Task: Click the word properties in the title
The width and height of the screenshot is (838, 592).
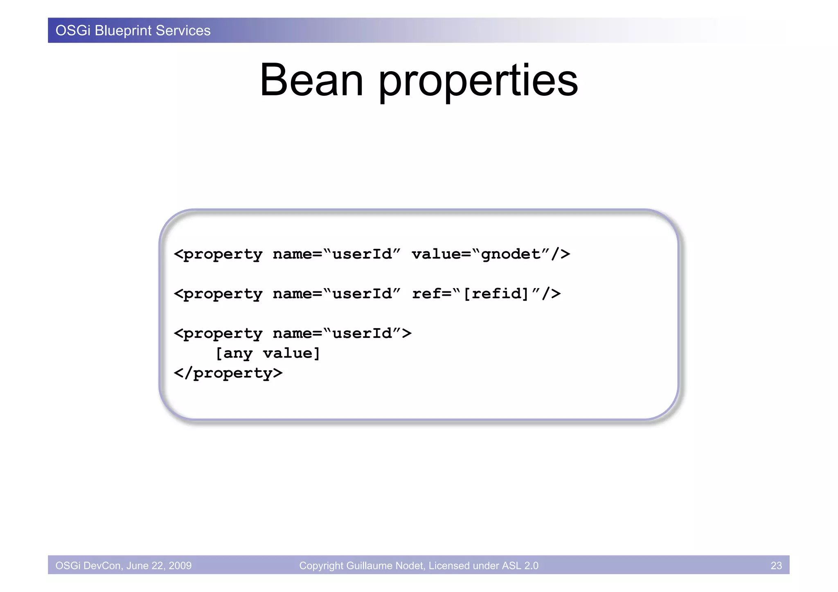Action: coord(478,82)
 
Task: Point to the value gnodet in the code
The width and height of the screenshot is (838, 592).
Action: coord(510,254)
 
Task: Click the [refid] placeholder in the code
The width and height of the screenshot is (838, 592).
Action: coord(496,294)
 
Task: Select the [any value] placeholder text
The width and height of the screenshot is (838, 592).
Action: coord(268,353)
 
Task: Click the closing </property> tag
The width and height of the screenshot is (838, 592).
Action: coord(228,373)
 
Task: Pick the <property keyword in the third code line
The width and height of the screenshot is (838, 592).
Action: coord(218,334)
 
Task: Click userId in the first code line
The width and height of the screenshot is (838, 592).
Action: coord(362,254)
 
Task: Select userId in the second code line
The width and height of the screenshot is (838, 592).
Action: coord(362,294)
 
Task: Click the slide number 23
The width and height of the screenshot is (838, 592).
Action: coord(776,565)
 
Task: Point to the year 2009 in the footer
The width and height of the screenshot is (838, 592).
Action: coord(180,565)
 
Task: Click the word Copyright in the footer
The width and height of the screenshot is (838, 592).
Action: coord(321,565)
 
